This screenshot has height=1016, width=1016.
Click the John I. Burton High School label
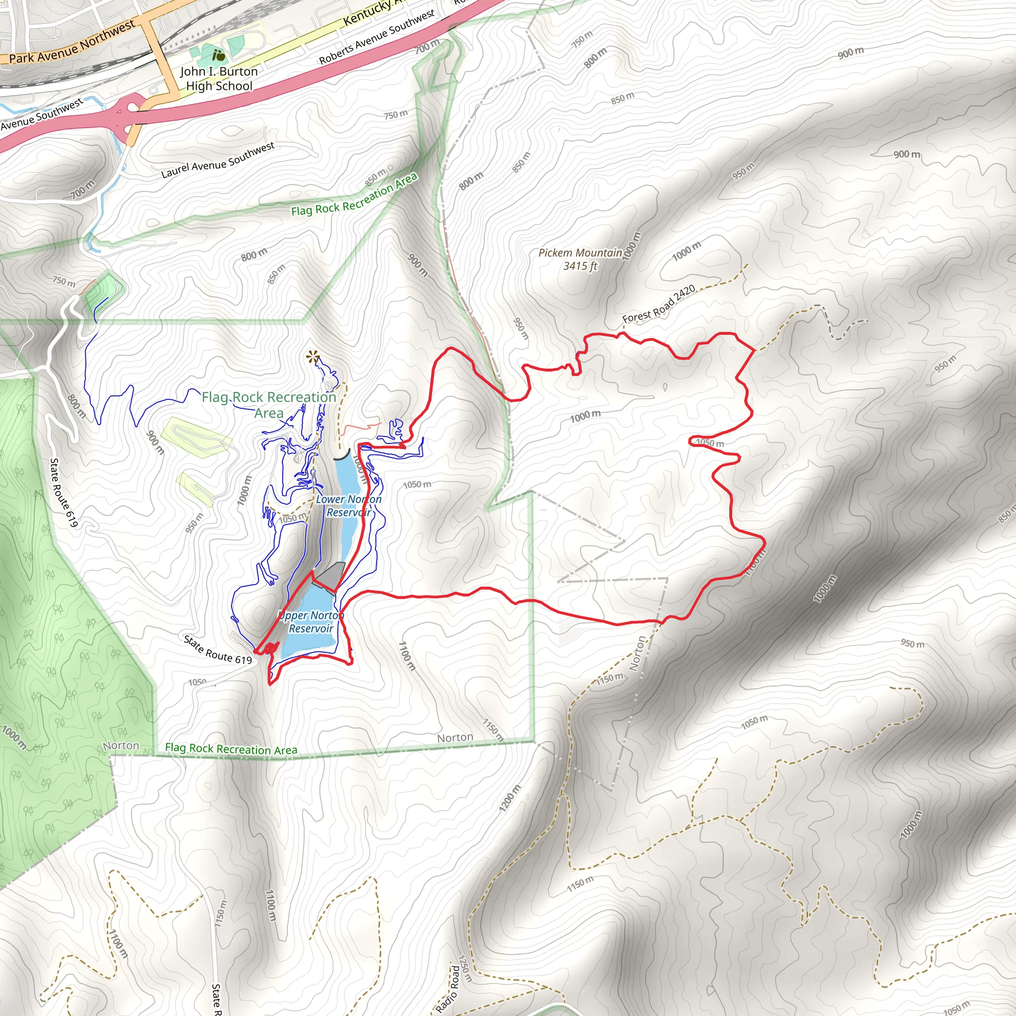point(219,78)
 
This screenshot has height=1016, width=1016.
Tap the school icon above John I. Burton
point(218,55)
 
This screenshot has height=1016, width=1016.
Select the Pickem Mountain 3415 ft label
point(580,259)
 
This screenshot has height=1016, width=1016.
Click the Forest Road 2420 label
point(658,304)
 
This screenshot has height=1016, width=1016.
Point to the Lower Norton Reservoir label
point(349,506)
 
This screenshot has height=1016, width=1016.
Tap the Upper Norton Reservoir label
point(311,622)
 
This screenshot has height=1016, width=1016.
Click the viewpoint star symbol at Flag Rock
point(313,358)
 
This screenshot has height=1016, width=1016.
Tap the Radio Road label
point(447,988)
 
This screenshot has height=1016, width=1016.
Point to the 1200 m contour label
point(509,798)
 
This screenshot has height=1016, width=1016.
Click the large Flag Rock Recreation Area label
point(269,404)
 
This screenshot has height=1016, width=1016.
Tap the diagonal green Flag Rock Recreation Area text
point(354,195)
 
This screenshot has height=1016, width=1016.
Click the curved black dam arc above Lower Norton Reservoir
point(342,455)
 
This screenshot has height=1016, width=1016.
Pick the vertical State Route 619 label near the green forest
point(63,492)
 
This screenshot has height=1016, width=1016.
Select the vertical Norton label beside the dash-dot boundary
point(637,654)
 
